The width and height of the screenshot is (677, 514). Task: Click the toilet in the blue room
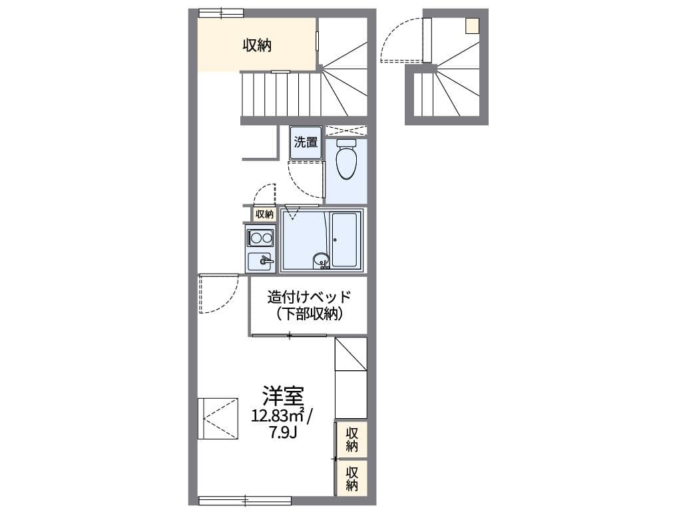346,158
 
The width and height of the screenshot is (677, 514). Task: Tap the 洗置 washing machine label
306,142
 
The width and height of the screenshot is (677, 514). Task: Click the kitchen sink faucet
266,261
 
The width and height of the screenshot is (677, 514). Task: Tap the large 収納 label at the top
257,45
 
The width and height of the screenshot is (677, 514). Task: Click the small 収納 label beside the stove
264,214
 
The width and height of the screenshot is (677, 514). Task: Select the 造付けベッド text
309,297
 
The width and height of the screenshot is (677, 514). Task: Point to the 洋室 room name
283,395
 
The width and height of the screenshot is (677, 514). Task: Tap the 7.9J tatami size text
283,432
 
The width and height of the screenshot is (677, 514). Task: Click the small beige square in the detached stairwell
473,26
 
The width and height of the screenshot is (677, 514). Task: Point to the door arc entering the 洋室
224,300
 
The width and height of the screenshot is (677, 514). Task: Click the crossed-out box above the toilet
346,131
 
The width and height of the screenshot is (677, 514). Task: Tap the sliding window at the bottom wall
245,501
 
